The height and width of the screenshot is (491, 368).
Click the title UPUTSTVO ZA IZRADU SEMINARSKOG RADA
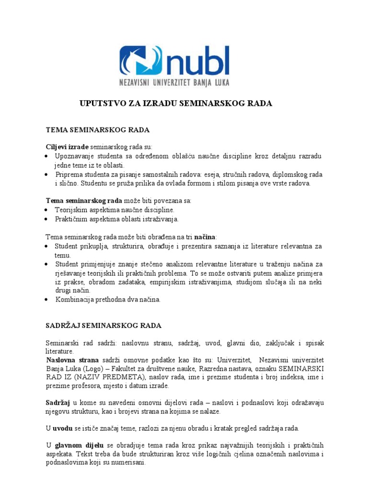(x=175, y=104)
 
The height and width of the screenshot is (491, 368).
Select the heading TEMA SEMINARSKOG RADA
(x=98, y=130)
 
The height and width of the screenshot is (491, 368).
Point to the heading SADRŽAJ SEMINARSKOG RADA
(x=103, y=326)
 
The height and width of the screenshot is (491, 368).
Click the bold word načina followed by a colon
(x=205, y=237)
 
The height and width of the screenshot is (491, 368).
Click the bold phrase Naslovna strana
(x=72, y=360)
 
